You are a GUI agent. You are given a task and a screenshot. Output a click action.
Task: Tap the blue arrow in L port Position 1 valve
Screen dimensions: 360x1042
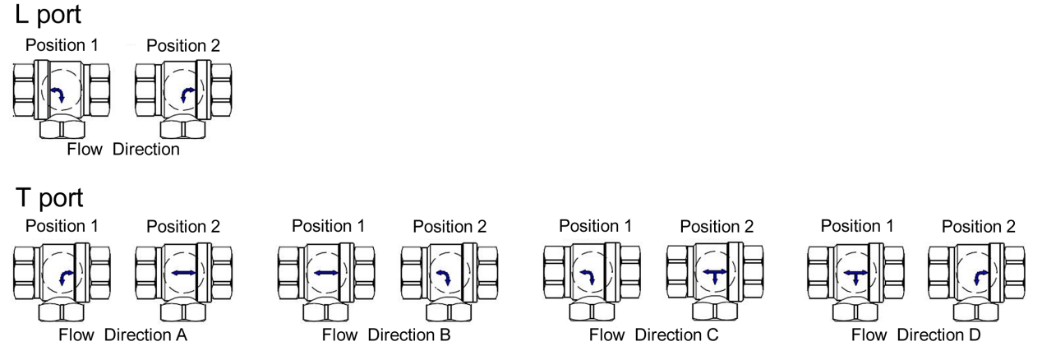[58, 95]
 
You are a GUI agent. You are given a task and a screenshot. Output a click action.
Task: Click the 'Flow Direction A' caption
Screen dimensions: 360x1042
[123, 335]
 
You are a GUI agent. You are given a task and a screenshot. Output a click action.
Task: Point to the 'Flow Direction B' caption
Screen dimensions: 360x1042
[387, 335]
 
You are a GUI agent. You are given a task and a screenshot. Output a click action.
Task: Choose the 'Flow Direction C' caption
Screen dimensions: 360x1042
[654, 335]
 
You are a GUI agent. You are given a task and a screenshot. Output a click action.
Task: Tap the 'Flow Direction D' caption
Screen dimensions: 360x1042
[916, 335]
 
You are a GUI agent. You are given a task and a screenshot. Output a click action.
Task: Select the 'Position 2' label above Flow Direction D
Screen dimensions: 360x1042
[978, 226]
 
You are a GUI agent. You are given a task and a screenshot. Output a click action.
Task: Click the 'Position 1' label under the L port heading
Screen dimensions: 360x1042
[62, 45]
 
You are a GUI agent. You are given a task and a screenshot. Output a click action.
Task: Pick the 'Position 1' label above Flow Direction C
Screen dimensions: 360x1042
[595, 226]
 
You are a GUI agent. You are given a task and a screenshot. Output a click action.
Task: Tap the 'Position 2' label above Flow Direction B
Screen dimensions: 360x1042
[450, 226]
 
